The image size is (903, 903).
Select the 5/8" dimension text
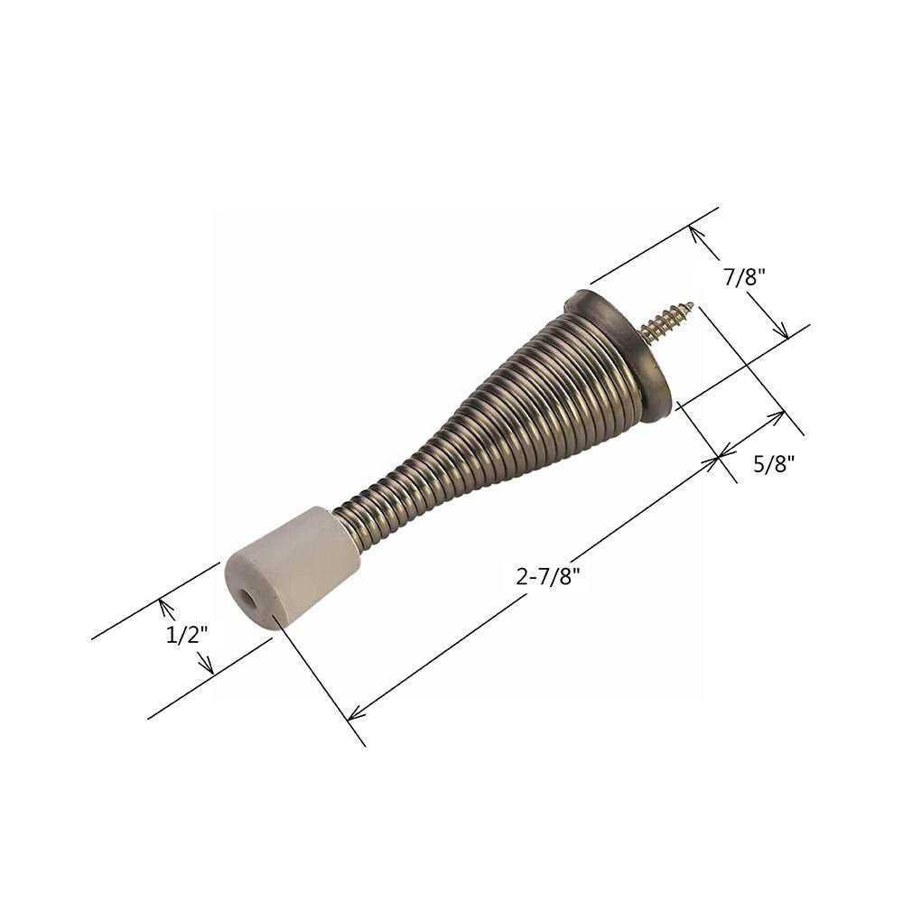click(773, 464)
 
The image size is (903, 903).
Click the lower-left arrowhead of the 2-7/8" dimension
click(352, 716)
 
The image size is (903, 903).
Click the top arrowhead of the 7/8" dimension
click(694, 229)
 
